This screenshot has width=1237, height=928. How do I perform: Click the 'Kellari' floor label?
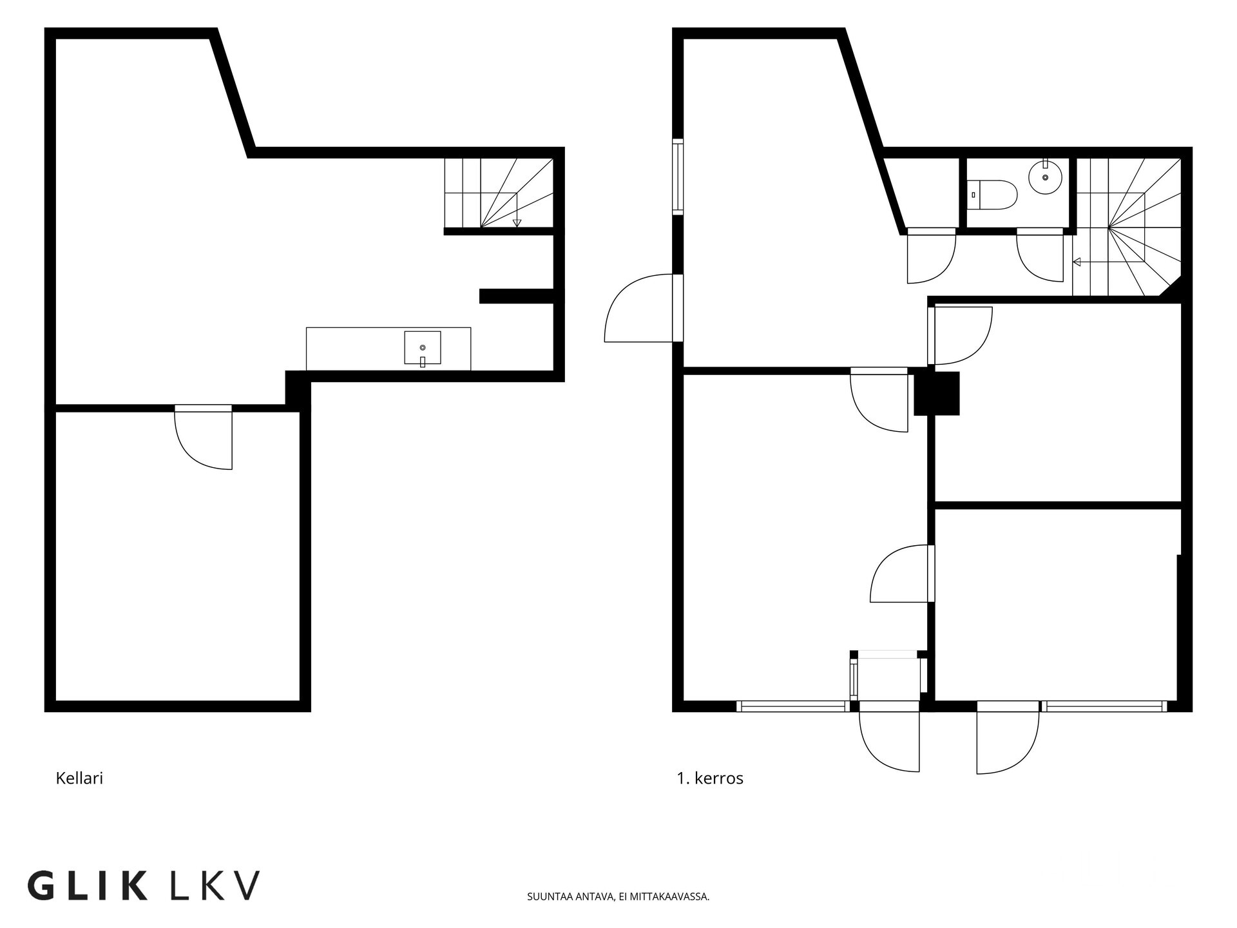point(79,778)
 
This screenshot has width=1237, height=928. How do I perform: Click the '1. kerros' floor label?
point(710,778)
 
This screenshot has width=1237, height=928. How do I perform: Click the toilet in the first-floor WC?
point(993,194)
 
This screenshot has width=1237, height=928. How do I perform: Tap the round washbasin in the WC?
point(1045,176)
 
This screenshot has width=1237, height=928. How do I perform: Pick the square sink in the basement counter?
point(423,348)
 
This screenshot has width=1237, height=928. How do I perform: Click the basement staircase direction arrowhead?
point(517,223)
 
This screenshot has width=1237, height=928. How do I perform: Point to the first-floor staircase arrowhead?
point(1077,262)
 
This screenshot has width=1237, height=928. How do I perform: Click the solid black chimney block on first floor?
point(937,393)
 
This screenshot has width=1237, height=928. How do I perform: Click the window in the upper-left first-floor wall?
point(678,176)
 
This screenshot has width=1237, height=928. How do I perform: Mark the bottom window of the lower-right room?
point(1106,706)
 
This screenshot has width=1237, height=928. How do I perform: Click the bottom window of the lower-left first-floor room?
point(793,706)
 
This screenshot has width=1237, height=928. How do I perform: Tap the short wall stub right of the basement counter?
point(517,296)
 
